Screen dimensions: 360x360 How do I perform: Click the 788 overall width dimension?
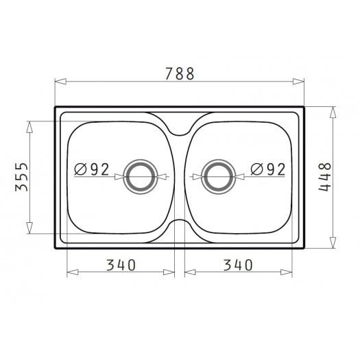pyautogui.click(x=180, y=73)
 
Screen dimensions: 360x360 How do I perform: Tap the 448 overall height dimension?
pyautogui.click(x=324, y=177)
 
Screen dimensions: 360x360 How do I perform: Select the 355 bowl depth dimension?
pyautogui.click(x=21, y=177)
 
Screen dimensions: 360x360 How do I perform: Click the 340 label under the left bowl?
pyautogui.click(x=121, y=265)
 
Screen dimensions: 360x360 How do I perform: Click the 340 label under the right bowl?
pyautogui.click(x=238, y=265)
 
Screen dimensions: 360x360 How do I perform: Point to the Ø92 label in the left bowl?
pyautogui.click(x=92, y=169)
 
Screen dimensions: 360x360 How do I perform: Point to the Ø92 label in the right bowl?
pyautogui.click(x=268, y=169)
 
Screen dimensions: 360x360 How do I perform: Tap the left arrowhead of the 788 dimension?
pyautogui.click(x=60, y=82)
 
